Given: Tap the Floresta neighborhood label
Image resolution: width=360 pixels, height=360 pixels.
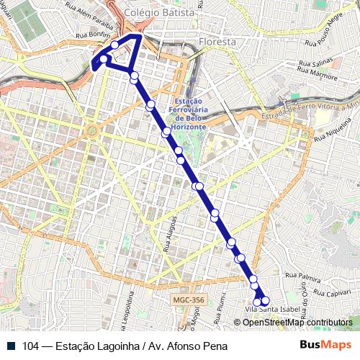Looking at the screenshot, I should pyautogui.click(x=219, y=42).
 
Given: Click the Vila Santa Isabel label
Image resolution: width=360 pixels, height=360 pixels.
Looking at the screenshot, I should pyautogui.click(x=271, y=310).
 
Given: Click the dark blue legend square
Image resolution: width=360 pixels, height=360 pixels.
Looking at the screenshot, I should pyautogui.click(x=12, y=346).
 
